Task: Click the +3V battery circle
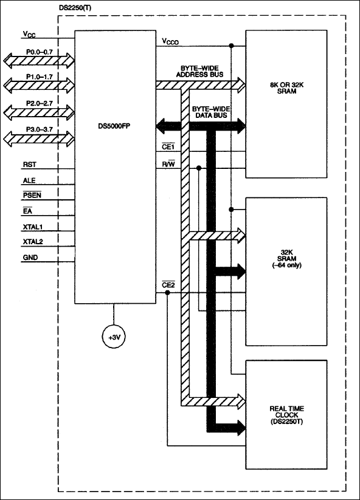pyautogui.click(x=113, y=337)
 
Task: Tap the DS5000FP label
pyautogui.click(x=114, y=126)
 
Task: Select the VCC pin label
pyautogui.click(x=29, y=34)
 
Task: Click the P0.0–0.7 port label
pyautogui.click(x=40, y=52)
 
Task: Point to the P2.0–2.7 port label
pyautogui.click(x=40, y=103)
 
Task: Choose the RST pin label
pyautogui.click(x=29, y=165)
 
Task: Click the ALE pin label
pyautogui.click(x=29, y=180)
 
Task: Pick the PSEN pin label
pyautogui.click(x=32, y=195)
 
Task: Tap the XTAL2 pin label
pyautogui.click(x=33, y=242)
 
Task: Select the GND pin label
pyautogui.click(x=30, y=258)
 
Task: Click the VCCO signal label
pyautogui.click(x=170, y=41)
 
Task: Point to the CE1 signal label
pyautogui.click(x=168, y=146)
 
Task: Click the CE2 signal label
pyautogui.click(x=168, y=285)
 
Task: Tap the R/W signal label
pyautogui.click(x=168, y=165)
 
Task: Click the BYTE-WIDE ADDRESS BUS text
pyautogui.click(x=200, y=72)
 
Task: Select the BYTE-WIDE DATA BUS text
pyautogui.click(x=210, y=112)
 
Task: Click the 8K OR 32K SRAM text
pyautogui.click(x=286, y=88)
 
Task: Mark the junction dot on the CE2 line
pyautogui.click(x=168, y=293)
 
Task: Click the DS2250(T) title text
pyautogui.click(x=75, y=8)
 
